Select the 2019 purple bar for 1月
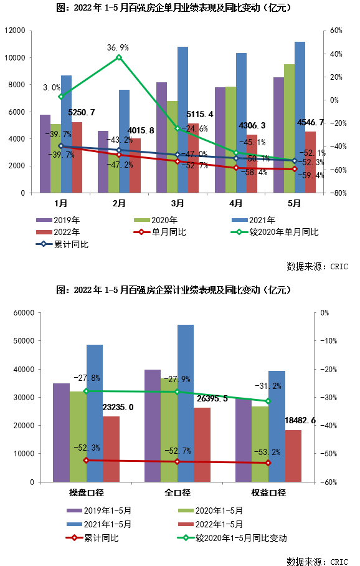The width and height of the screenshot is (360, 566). pyautogui.click(x=45, y=153)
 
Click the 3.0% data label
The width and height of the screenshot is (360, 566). pyautogui.click(x=52, y=88)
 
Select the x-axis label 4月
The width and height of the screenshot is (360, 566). pyautogui.click(x=235, y=203)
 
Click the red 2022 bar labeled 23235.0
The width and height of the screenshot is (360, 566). pyautogui.click(x=111, y=449)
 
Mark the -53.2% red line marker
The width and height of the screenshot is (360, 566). pyautogui.click(x=268, y=463)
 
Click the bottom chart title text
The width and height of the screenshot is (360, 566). pyautogui.click(x=174, y=290)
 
